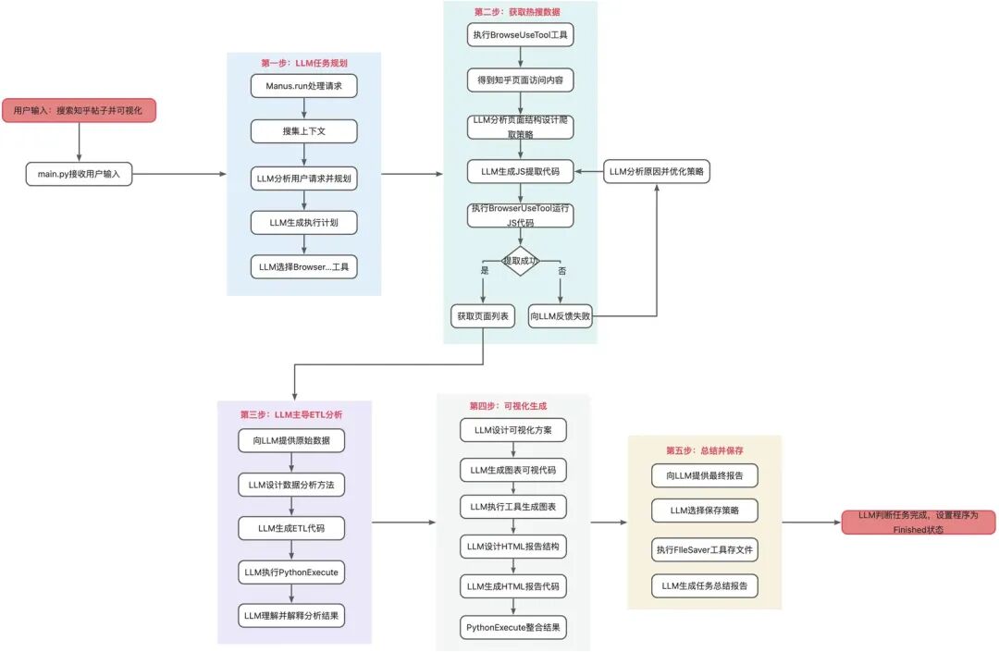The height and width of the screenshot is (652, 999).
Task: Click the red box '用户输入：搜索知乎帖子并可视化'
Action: click(79, 110)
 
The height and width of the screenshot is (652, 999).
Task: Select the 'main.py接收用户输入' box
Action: click(79, 174)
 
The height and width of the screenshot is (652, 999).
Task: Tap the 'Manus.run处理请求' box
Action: click(304, 86)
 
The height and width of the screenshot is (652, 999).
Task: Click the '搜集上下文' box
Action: click(304, 131)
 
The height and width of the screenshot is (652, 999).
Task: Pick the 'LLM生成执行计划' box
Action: click(304, 223)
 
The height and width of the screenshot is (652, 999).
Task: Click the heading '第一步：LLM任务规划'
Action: click(304, 63)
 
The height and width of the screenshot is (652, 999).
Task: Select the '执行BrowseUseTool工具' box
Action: click(521, 34)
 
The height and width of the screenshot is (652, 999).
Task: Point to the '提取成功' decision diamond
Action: click(521, 261)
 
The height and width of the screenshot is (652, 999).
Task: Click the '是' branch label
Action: click(484, 271)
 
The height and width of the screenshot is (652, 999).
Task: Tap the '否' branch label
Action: click(562, 271)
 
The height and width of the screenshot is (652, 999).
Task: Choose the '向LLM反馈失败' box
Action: click(560, 315)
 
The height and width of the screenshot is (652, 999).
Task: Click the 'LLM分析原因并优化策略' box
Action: click(657, 171)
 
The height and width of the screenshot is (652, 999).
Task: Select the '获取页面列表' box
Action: click(483, 315)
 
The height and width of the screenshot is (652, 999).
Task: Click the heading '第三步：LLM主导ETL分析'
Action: click(291, 414)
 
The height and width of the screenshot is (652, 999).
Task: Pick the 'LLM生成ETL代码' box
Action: click(291, 528)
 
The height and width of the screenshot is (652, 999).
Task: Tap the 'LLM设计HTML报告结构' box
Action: click(512, 547)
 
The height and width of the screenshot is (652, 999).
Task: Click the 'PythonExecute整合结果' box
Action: click(512, 627)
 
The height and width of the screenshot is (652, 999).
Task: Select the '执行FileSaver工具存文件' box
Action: click(705, 549)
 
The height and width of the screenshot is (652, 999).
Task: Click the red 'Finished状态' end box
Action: click(919, 523)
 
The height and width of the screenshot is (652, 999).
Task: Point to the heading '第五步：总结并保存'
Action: click(705, 450)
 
